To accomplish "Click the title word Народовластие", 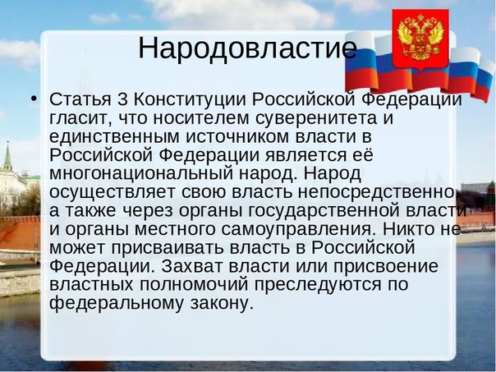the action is coord(248,48).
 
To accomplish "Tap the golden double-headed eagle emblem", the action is coord(420,38).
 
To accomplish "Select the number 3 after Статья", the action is coord(122,99).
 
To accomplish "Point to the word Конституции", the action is coord(190,100).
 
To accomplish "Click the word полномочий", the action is coord(194,285).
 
